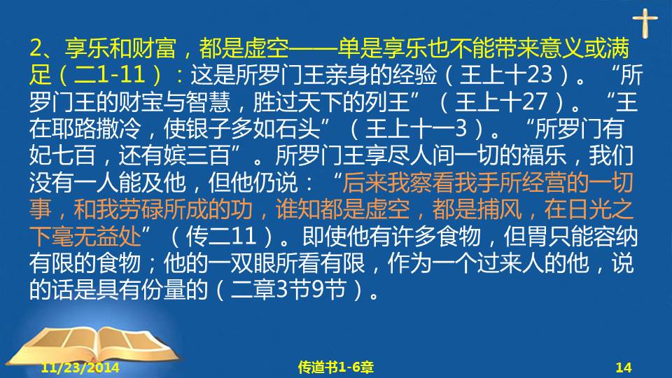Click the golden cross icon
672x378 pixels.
(645, 23)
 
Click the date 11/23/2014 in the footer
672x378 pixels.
(80, 367)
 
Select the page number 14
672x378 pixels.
(624, 367)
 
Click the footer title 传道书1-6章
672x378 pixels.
(335, 367)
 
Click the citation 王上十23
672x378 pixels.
(505, 75)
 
